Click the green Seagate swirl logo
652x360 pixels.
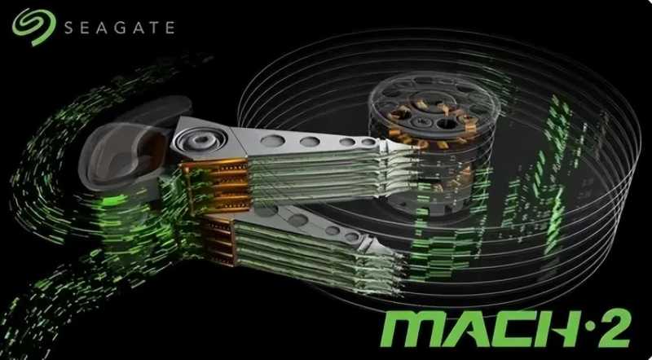pos(33,27)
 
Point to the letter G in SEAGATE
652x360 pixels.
pos(121,28)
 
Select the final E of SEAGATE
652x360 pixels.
pos(170,28)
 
